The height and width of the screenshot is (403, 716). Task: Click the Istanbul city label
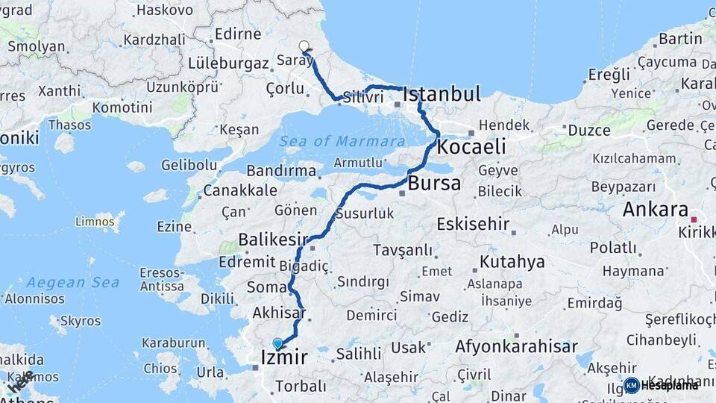tap(442, 95)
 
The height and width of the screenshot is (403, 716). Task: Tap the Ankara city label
tap(656, 210)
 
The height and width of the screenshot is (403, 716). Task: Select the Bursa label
tap(434, 184)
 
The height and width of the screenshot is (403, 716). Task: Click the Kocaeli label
tap(471, 146)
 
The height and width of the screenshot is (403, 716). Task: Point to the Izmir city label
tap(284, 358)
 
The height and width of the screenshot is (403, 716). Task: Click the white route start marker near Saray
tap(304, 46)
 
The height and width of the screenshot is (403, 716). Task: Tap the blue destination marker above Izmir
tap(277, 343)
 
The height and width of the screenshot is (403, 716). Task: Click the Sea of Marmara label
tap(342, 141)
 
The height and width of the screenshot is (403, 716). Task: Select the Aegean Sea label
tap(72, 283)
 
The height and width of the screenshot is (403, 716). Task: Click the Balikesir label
tap(273, 240)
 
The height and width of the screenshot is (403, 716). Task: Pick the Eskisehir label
tap(473, 223)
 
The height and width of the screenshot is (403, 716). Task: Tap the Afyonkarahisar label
tap(517, 346)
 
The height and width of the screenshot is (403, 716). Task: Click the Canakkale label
tap(240, 190)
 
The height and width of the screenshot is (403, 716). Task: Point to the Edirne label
tap(237, 34)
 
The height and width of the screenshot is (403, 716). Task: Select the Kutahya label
tap(512, 262)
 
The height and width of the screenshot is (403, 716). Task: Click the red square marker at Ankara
tap(694, 219)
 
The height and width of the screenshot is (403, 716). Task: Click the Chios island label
tap(160, 368)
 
